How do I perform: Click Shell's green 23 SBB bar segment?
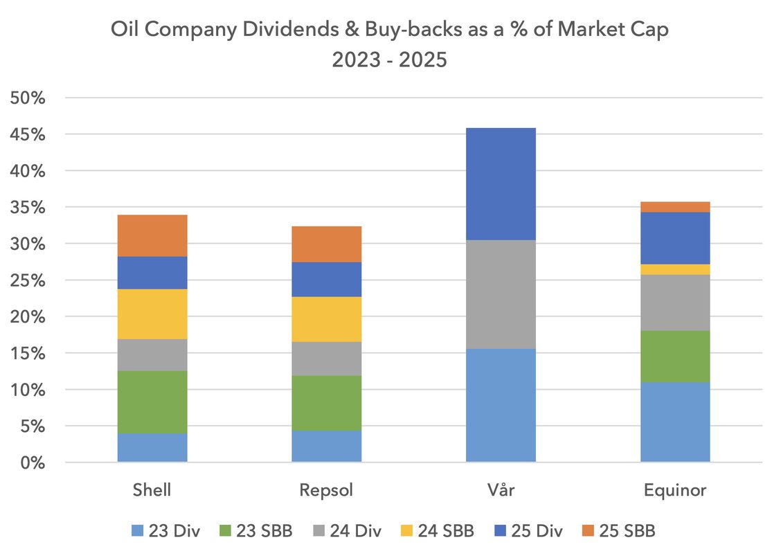[152, 402]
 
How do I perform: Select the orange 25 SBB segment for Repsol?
[327, 244]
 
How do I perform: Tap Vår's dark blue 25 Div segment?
[501, 184]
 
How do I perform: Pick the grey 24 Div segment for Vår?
[501, 294]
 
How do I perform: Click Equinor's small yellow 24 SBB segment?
[675, 269]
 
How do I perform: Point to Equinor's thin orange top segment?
[675, 207]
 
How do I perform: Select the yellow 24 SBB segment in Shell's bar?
[152, 314]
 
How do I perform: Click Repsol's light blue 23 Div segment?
[327, 447]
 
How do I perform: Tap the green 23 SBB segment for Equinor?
[675, 357]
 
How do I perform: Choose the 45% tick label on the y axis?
[28, 134]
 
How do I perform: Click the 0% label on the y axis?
[33, 463]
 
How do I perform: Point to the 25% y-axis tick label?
[28, 280]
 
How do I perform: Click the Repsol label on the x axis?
[326, 490]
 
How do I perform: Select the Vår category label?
[501, 489]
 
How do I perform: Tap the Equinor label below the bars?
[675, 490]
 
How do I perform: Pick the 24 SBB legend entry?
[437, 530]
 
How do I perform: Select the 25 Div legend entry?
[528, 530]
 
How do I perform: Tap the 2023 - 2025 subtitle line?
[390, 60]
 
